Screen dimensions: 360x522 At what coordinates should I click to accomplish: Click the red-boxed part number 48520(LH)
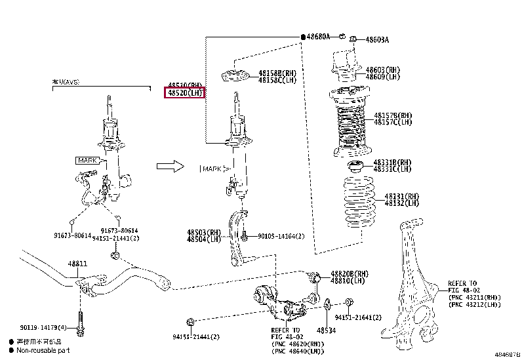tap(184, 94)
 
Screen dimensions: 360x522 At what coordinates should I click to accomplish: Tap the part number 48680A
tap(319, 36)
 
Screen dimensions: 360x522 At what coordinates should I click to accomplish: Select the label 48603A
tap(377, 40)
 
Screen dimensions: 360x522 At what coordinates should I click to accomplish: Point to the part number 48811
tap(77, 264)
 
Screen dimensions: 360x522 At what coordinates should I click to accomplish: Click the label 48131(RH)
tap(402, 196)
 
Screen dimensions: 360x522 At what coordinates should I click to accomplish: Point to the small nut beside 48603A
tap(352, 39)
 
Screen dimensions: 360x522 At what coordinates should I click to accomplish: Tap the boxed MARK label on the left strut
tap(87, 160)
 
